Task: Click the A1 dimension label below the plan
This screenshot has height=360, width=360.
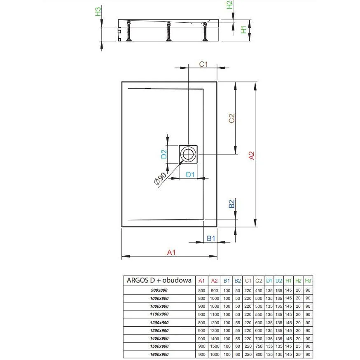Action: pyautogui.click(x=171, y=252)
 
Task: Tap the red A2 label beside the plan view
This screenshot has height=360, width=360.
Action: pyautogui.click(x=252, y=155)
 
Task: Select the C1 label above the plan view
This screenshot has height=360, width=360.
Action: pyautogui.click(x=203, y=64)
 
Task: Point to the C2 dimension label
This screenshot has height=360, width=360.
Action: pyautogui.click(x=231, y=118)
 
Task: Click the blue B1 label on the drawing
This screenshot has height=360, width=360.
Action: pyautogui.click(x=211, y=238)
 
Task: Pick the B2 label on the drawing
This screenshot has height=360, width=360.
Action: pyautogui.click(x=231, y=203)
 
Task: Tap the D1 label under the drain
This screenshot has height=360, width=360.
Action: pyautogui.click(x=190, y=175)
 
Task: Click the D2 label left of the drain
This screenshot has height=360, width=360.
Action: pyautogui.click(x=164, y=154)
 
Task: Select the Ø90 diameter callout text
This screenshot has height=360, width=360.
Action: pyautogui.click(x=160, y=178)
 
